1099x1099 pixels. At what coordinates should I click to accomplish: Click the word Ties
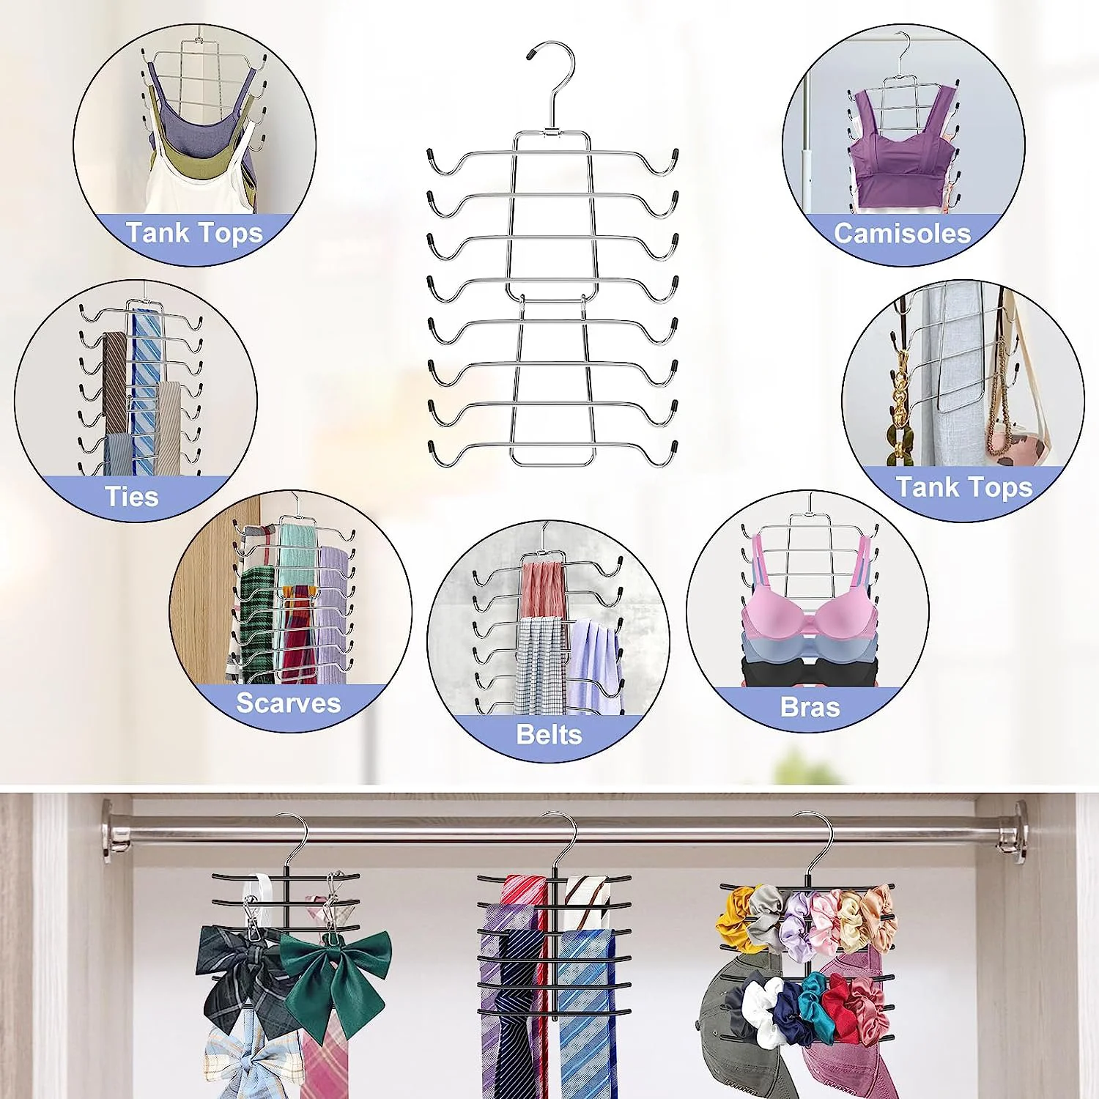coord(132,497)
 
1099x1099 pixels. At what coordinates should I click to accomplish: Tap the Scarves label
coord(288,703)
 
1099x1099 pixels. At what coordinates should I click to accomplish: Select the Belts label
coord(549,734)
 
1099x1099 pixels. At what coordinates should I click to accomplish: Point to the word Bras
coord(810,707)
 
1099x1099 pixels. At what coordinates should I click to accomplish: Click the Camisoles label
coord(902,233)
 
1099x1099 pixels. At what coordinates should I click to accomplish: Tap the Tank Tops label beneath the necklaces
coord(963,487)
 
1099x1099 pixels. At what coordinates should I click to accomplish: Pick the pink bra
coord(810,615)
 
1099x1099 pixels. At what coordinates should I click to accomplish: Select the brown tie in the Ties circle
coord(115,381)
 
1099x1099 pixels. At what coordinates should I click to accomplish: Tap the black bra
coord(810,670)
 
